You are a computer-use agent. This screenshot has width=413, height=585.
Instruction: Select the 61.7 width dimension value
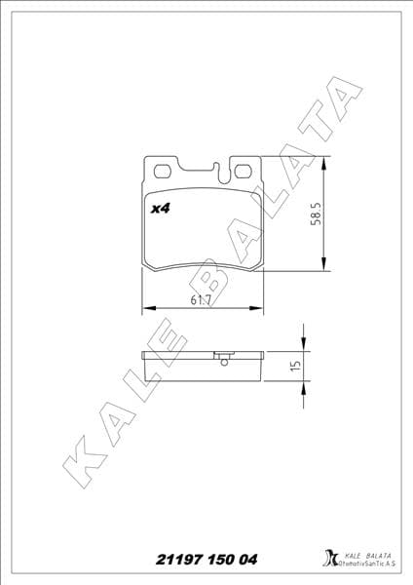pos(204,300)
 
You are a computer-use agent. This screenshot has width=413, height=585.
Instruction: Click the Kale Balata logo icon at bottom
pos(328,561)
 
